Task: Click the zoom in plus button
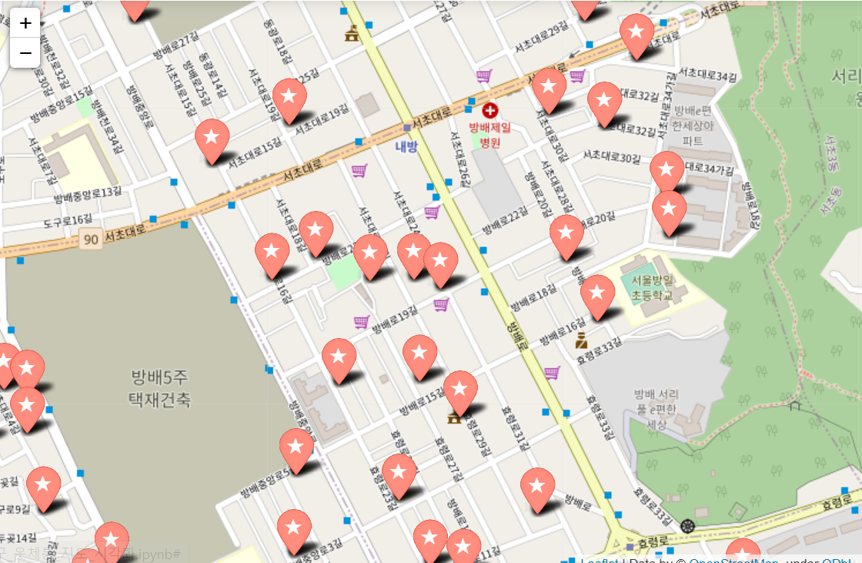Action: (25, 23)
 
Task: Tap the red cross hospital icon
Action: (490, 110)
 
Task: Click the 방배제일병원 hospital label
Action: (490, 135)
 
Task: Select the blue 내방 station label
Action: (406, 146)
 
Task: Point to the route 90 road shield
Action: (91, 240)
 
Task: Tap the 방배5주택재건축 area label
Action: (160, 388)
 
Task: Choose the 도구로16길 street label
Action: (68, 222)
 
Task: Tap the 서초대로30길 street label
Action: (611, 157)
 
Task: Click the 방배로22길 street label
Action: (505, 220)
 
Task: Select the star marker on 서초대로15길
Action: (212, 138)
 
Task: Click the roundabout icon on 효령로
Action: (688, 526)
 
